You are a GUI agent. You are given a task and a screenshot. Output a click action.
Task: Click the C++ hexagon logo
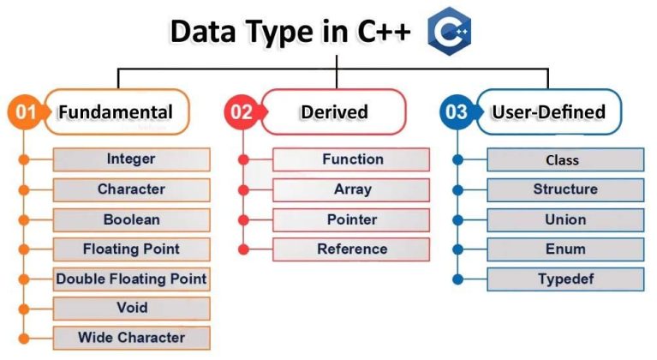point(451,33)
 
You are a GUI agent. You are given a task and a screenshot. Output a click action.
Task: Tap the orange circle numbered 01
point(26,112)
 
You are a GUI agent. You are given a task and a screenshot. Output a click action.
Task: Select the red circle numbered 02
point(242,112)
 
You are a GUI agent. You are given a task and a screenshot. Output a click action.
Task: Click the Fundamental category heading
point(115,112)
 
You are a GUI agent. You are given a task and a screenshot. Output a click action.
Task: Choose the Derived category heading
point(334,112)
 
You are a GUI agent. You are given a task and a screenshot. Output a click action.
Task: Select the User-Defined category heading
point(549,112)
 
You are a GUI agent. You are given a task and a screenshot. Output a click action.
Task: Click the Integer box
point(131,159)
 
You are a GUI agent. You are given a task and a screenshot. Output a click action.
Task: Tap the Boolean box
point(131,219)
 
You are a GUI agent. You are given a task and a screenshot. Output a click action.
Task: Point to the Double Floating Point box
point(131,279)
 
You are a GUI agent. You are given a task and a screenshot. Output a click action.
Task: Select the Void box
point(131,308)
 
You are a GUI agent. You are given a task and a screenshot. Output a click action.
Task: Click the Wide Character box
point(131,337)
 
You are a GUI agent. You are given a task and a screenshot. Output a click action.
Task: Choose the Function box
point(352,159)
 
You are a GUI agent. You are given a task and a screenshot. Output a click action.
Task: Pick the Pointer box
point(352,219)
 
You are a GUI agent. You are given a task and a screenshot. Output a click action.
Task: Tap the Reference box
point(352,249)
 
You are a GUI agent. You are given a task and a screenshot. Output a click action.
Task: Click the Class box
point(564,160)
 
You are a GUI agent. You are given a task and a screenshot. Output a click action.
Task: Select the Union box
point(564,219)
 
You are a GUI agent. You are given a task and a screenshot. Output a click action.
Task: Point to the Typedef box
point(564,279)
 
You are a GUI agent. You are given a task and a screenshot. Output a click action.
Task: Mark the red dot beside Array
point(244,189)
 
